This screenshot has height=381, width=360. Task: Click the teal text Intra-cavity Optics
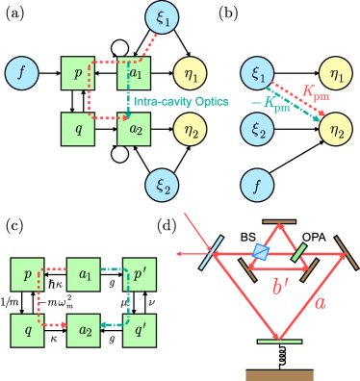point(167,100)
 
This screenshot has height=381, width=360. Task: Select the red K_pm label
point(315,92)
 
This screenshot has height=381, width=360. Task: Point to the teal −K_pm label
point(270,106)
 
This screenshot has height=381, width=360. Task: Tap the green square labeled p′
point(139,275)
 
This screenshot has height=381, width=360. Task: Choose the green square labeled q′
point(139,330)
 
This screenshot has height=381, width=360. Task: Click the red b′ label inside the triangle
point(281,286)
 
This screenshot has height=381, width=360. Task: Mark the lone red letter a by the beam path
point(321,302)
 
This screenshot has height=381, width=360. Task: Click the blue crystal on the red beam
point(261,251)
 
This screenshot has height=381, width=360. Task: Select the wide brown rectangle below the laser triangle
point(279,375)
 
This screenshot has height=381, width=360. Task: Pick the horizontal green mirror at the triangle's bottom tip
point(280,341)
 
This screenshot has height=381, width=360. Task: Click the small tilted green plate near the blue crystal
point(299,252)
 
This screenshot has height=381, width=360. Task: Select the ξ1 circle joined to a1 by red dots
point(161,15)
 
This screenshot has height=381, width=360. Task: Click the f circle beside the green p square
point(20,72)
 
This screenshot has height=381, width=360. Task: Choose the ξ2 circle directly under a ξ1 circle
point(257,129)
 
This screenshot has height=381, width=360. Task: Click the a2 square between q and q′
point(85,330)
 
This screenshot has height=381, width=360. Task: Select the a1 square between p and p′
point(85,275)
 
